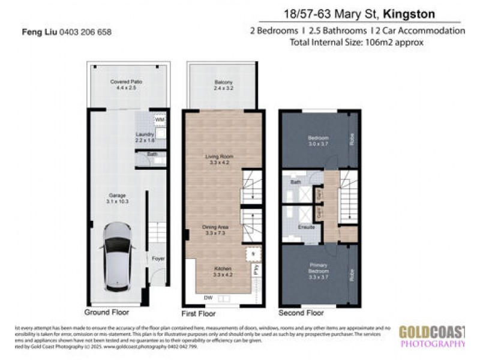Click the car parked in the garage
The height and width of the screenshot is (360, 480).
[119, 256]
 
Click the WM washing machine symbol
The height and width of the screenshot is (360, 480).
[159, 120]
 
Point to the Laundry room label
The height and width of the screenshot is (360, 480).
[145, 137]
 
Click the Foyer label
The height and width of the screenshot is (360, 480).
[158, 258]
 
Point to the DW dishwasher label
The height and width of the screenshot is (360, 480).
[207, 298]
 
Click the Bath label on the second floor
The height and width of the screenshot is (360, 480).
[296, 181]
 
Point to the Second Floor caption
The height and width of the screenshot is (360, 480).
[301, 313]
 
